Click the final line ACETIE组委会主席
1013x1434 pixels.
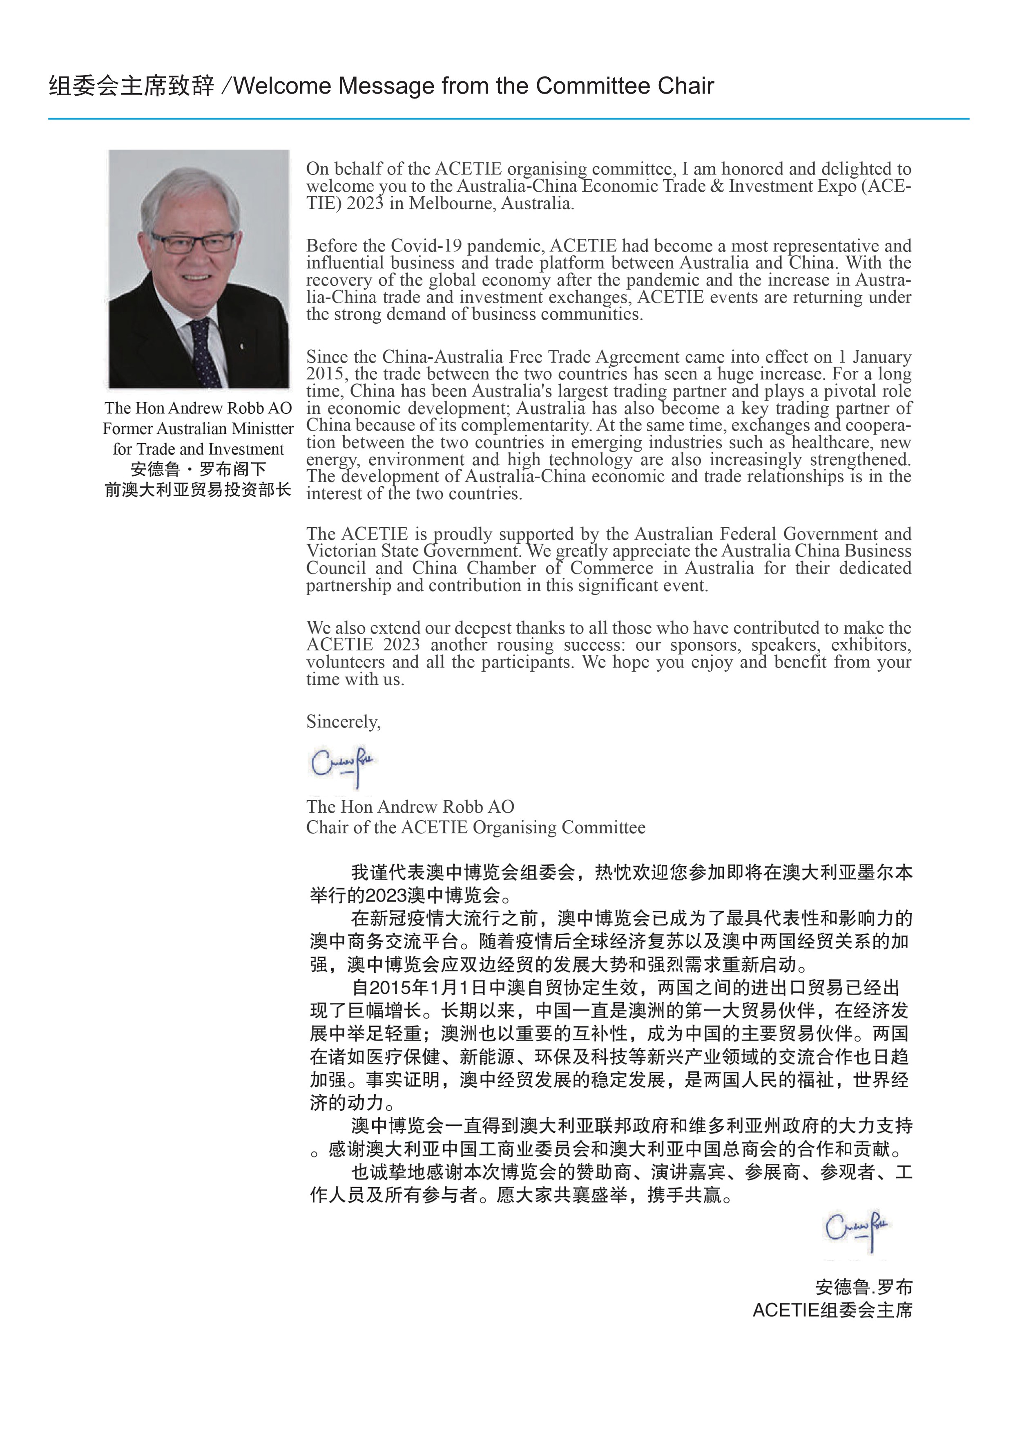pyautogui.click(x=832, y=1310)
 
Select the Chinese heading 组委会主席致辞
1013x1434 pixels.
pyautogui.click(x=131, y=86)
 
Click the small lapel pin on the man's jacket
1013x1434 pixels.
pyautogui.click(x=242, y=345)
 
